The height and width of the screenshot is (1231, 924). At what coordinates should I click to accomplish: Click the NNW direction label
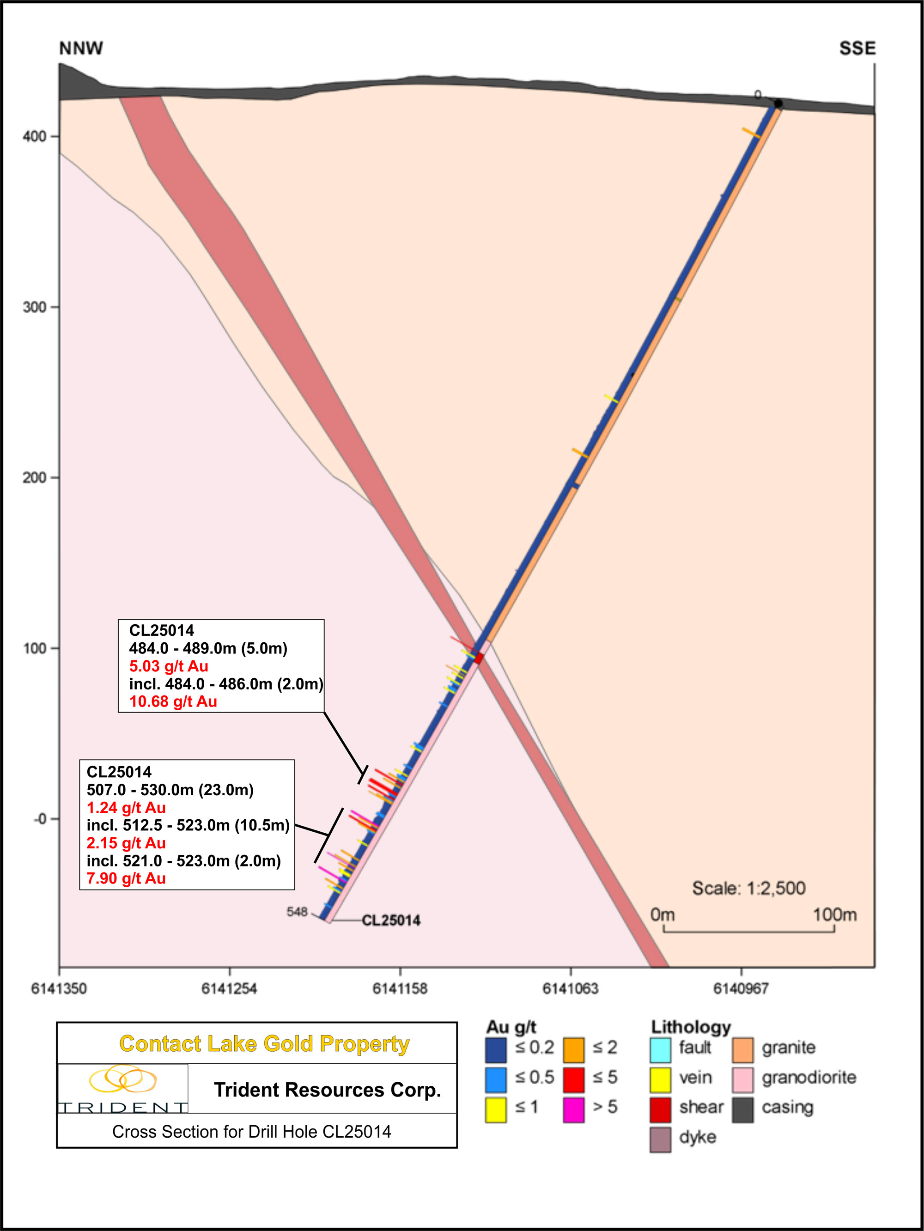pyautogui.click(x=81, y=49)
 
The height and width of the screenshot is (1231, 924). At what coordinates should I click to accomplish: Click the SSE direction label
pyautogui.click(x=857, y=49)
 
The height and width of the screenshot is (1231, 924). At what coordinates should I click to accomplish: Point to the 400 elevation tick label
pyautogui.click(x=35, y=136)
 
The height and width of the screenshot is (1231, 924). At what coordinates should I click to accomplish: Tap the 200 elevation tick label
pyautogui.click(x=35, y=477)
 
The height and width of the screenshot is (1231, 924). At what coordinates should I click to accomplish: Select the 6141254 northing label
pyautogui.click(x=229, y=988)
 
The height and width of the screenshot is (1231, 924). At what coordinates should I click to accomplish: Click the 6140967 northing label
pyautogui.click(x=741, y=988)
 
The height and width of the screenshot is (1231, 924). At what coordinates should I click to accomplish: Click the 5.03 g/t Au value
pyautogui.click(x=169, y=666)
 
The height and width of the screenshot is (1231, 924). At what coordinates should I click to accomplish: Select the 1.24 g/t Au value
pyautogui.click(x=126, y=807)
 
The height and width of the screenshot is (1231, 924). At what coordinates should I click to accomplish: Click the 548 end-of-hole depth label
pyautogui.click(x=297, y=912)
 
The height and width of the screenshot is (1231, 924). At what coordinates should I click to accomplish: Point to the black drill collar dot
pyautogui.click(x=778, y=104)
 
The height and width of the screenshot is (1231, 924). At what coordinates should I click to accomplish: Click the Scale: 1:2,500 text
pyautogui.click(x=748, y=888)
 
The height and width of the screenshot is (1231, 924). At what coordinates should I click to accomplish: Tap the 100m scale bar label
pyautogui.click(x=834, y=915)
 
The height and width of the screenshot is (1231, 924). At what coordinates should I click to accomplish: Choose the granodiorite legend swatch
pyautogui.click(x=742, y=1079)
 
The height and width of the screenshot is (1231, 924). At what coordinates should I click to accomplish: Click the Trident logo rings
pyautogui.click(x=123, y=1079)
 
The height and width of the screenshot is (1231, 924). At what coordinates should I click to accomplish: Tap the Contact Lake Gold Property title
pyautogui.click(x=264, y=1044)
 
